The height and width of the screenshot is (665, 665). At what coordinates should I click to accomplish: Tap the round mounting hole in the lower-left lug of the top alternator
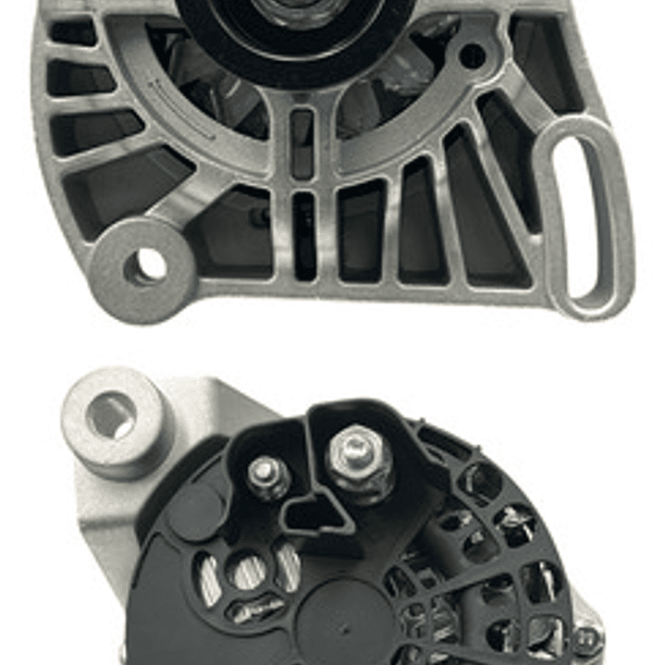pos(145,266)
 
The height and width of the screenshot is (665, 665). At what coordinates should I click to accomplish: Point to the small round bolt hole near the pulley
pos(473,56)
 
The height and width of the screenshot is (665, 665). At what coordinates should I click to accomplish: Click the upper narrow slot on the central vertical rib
pos(302,143)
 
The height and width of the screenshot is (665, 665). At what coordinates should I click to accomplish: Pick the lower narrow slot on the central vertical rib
pos(304,235)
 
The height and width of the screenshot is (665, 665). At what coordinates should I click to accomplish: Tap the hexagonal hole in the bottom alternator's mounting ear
pos(110,415)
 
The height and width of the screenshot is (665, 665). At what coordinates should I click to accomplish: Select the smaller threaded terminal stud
pos(265,474)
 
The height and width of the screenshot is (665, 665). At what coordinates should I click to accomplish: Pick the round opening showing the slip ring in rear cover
pos(248,570)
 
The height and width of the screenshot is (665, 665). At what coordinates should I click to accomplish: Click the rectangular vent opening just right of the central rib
pos(361,231)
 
